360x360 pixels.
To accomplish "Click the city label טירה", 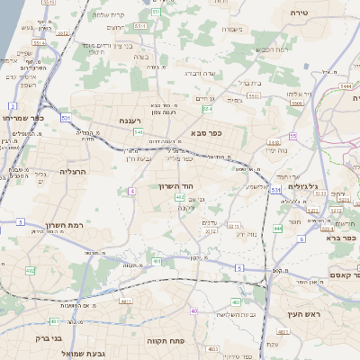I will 300,13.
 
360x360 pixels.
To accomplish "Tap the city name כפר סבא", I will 206,132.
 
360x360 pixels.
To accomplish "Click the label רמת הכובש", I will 273,49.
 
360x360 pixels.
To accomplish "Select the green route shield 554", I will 208,108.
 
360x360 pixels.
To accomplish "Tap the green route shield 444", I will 279,229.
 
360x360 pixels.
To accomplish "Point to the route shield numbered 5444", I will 346,86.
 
